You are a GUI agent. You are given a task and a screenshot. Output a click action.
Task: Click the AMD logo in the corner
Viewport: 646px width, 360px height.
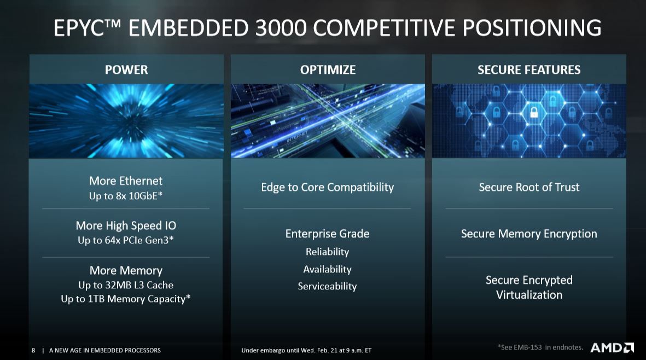point(612,347)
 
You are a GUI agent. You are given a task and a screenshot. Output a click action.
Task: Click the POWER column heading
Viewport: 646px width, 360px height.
point(126,69)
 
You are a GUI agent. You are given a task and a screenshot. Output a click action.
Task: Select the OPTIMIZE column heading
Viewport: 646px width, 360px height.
point(328,69)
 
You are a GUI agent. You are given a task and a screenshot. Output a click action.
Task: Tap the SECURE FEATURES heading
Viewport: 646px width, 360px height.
point(529,69)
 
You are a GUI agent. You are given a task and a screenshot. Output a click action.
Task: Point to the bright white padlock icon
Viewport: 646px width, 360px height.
point(534,112)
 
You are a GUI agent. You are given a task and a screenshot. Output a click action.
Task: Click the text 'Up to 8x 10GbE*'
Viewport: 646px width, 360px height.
point(126,196)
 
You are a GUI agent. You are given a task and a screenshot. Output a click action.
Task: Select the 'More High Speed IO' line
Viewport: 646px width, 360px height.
point(126,225)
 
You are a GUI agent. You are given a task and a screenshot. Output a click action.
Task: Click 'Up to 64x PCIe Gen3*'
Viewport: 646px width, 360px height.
point(126,240)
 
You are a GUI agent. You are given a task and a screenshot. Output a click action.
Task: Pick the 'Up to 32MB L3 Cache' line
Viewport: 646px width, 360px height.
point(126,284)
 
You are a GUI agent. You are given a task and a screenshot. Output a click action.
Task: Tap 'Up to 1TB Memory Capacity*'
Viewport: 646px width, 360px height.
point(126,299)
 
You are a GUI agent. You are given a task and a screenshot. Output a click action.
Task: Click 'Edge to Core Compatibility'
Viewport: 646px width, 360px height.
point(328,188)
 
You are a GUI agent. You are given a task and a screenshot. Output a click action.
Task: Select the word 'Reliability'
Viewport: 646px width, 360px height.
point(328,252)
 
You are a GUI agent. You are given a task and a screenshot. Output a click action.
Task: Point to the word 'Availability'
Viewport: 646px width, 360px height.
point(328,269)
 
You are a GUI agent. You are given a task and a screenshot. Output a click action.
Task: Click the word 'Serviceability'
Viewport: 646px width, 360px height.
point(328,286)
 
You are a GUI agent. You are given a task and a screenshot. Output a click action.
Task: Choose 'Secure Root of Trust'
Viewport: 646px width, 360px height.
point(529,187)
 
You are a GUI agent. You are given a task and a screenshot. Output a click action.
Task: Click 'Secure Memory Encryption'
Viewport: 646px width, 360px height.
point(529,234)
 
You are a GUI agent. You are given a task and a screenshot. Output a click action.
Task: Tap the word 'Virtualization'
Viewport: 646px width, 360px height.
point(529,295)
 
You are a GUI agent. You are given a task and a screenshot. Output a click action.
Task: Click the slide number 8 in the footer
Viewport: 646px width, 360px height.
point(33,350)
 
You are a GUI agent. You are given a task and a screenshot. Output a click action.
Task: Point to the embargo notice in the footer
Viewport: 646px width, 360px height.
point(306,350)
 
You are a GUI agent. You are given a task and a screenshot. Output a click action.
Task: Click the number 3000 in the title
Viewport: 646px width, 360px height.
point(281,28)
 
